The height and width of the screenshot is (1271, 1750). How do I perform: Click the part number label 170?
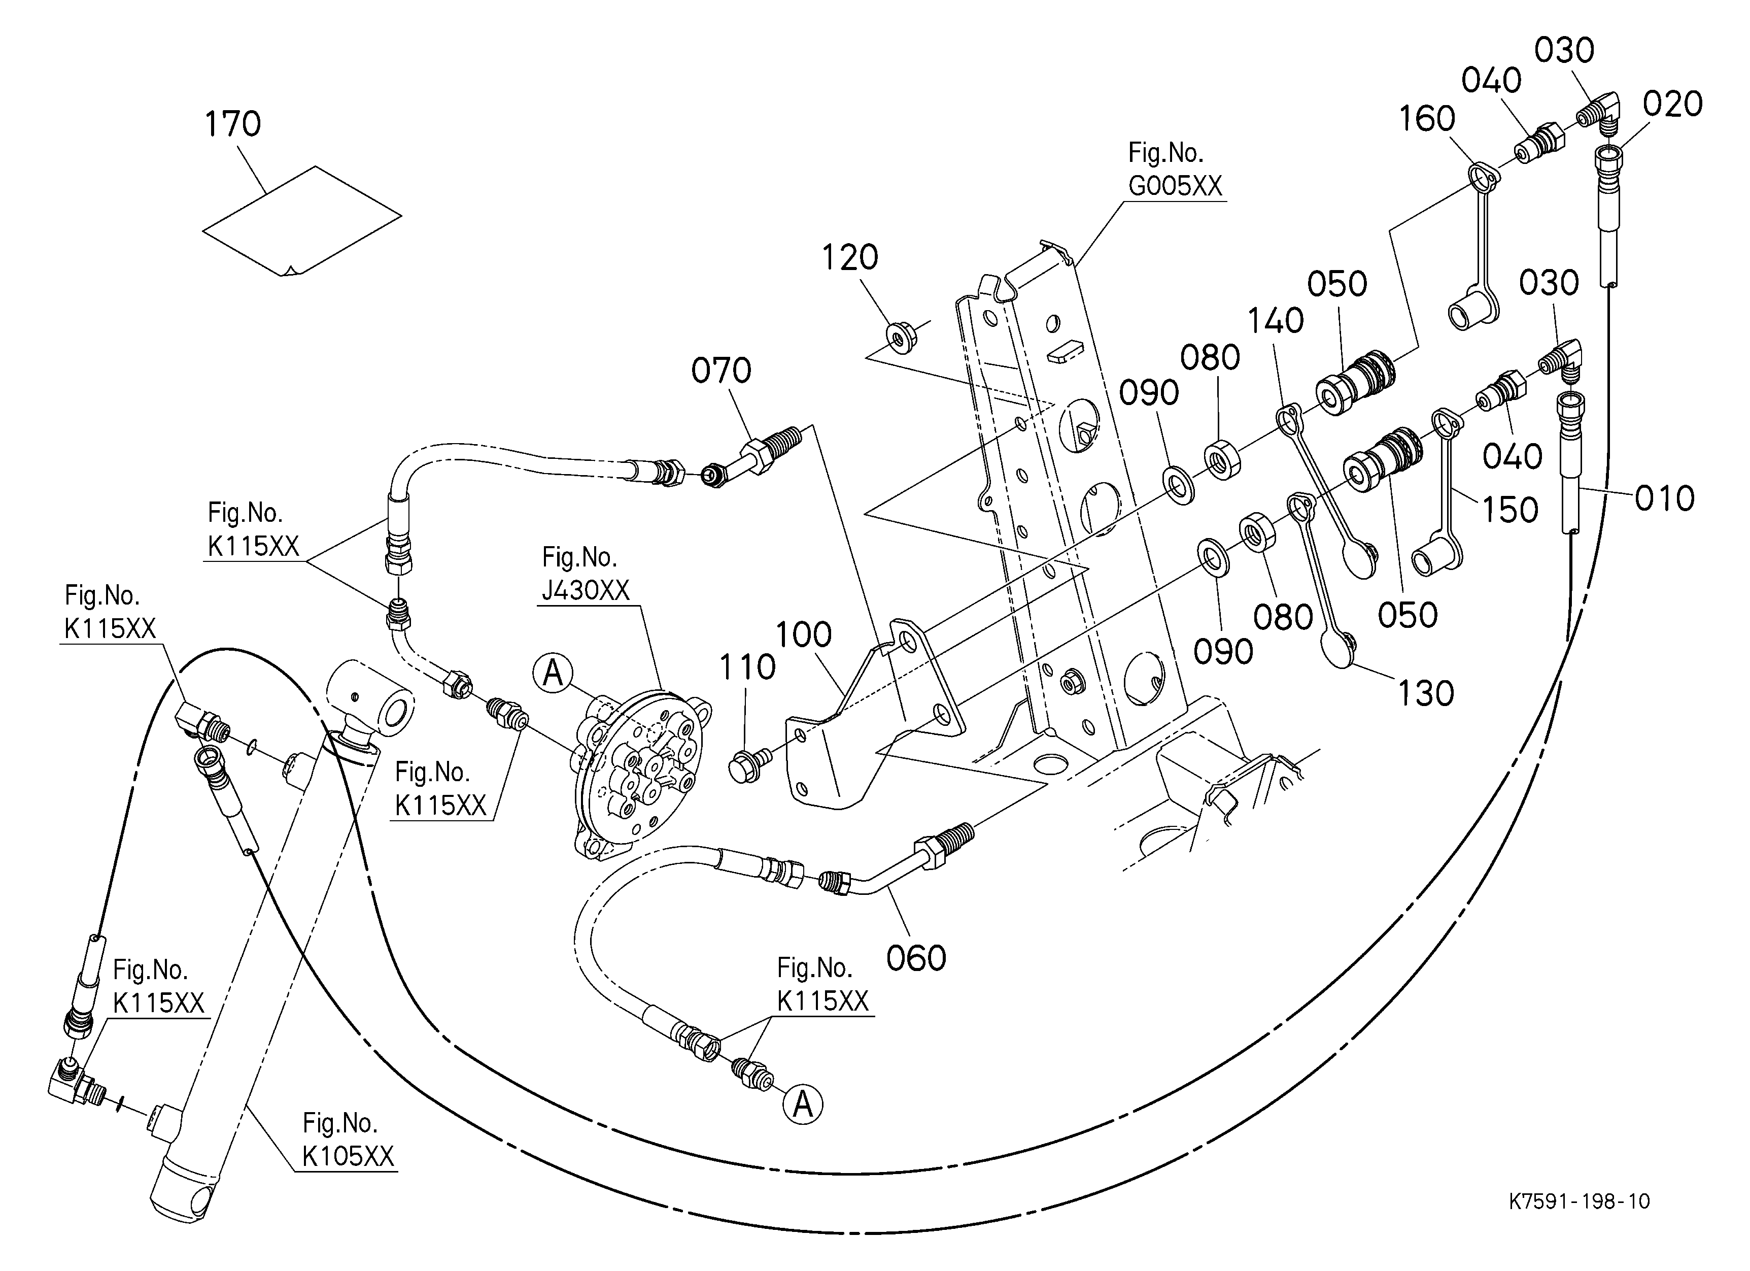[232, 124]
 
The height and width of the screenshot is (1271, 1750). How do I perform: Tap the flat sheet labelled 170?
[302, 220]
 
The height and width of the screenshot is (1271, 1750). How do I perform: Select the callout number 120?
[849, 258]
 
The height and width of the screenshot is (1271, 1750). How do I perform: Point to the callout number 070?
[720, 371]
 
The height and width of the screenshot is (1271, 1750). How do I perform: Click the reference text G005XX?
[1175, 186]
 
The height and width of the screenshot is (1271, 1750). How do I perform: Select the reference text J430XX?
[586, 590]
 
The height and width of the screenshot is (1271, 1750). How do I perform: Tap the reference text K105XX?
[348, 1156]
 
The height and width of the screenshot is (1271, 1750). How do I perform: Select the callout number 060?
[916, 958]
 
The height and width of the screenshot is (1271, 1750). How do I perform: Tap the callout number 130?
[1426, 694]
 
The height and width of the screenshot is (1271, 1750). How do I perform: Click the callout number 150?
[1510, 510]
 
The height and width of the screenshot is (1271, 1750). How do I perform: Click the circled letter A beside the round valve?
[553, 673]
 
